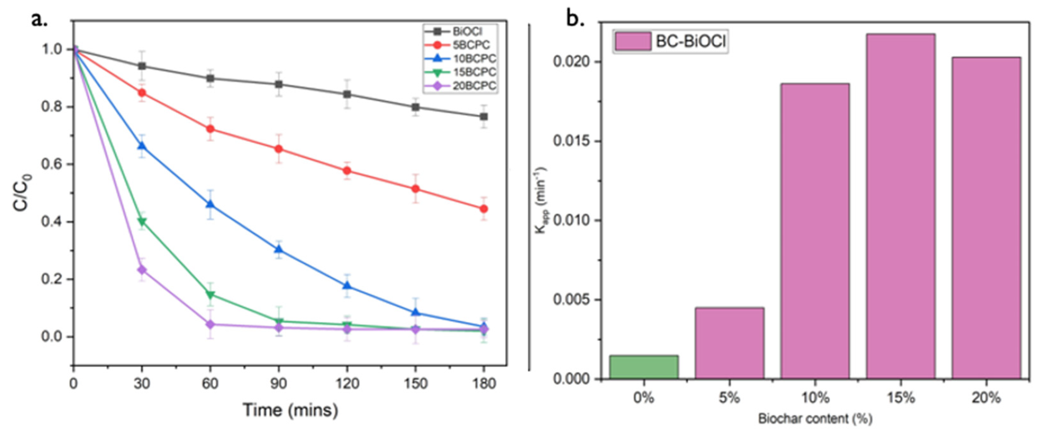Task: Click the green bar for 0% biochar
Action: pos(644,367)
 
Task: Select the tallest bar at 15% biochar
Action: pos(901,206)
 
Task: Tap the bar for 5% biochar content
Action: pos(729,343)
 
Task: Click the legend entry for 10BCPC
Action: pos(474,59)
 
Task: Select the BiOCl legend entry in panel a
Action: pos(467,31)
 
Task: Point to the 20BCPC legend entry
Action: pos(474,86)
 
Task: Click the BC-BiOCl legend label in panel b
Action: pos(691,41)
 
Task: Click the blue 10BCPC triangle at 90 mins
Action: pos(279,250)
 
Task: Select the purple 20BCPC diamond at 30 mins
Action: pos(142,270)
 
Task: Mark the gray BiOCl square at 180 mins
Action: pos(483,116)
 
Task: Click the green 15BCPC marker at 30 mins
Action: pos(142,222)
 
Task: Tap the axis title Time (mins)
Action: pos(290,410)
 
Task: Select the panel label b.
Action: pos(574,19)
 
